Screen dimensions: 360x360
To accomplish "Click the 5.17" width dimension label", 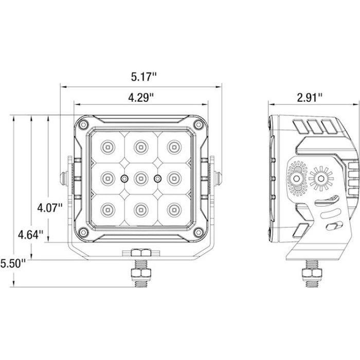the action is tap(143, 77).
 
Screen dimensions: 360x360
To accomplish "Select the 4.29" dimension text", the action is tap(141, 98).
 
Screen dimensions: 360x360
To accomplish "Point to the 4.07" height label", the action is tap(50, 208).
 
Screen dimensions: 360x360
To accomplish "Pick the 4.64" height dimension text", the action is tap(30, 235).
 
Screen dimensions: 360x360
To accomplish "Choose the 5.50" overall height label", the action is tap(13, 263).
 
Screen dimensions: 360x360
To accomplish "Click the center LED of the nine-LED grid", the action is tap(141, 178).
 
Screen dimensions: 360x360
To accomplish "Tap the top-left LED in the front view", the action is tap(107, 147).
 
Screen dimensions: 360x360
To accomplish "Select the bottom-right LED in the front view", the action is tap(174, 210).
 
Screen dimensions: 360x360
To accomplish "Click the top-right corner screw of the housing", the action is tap(199, 125).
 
